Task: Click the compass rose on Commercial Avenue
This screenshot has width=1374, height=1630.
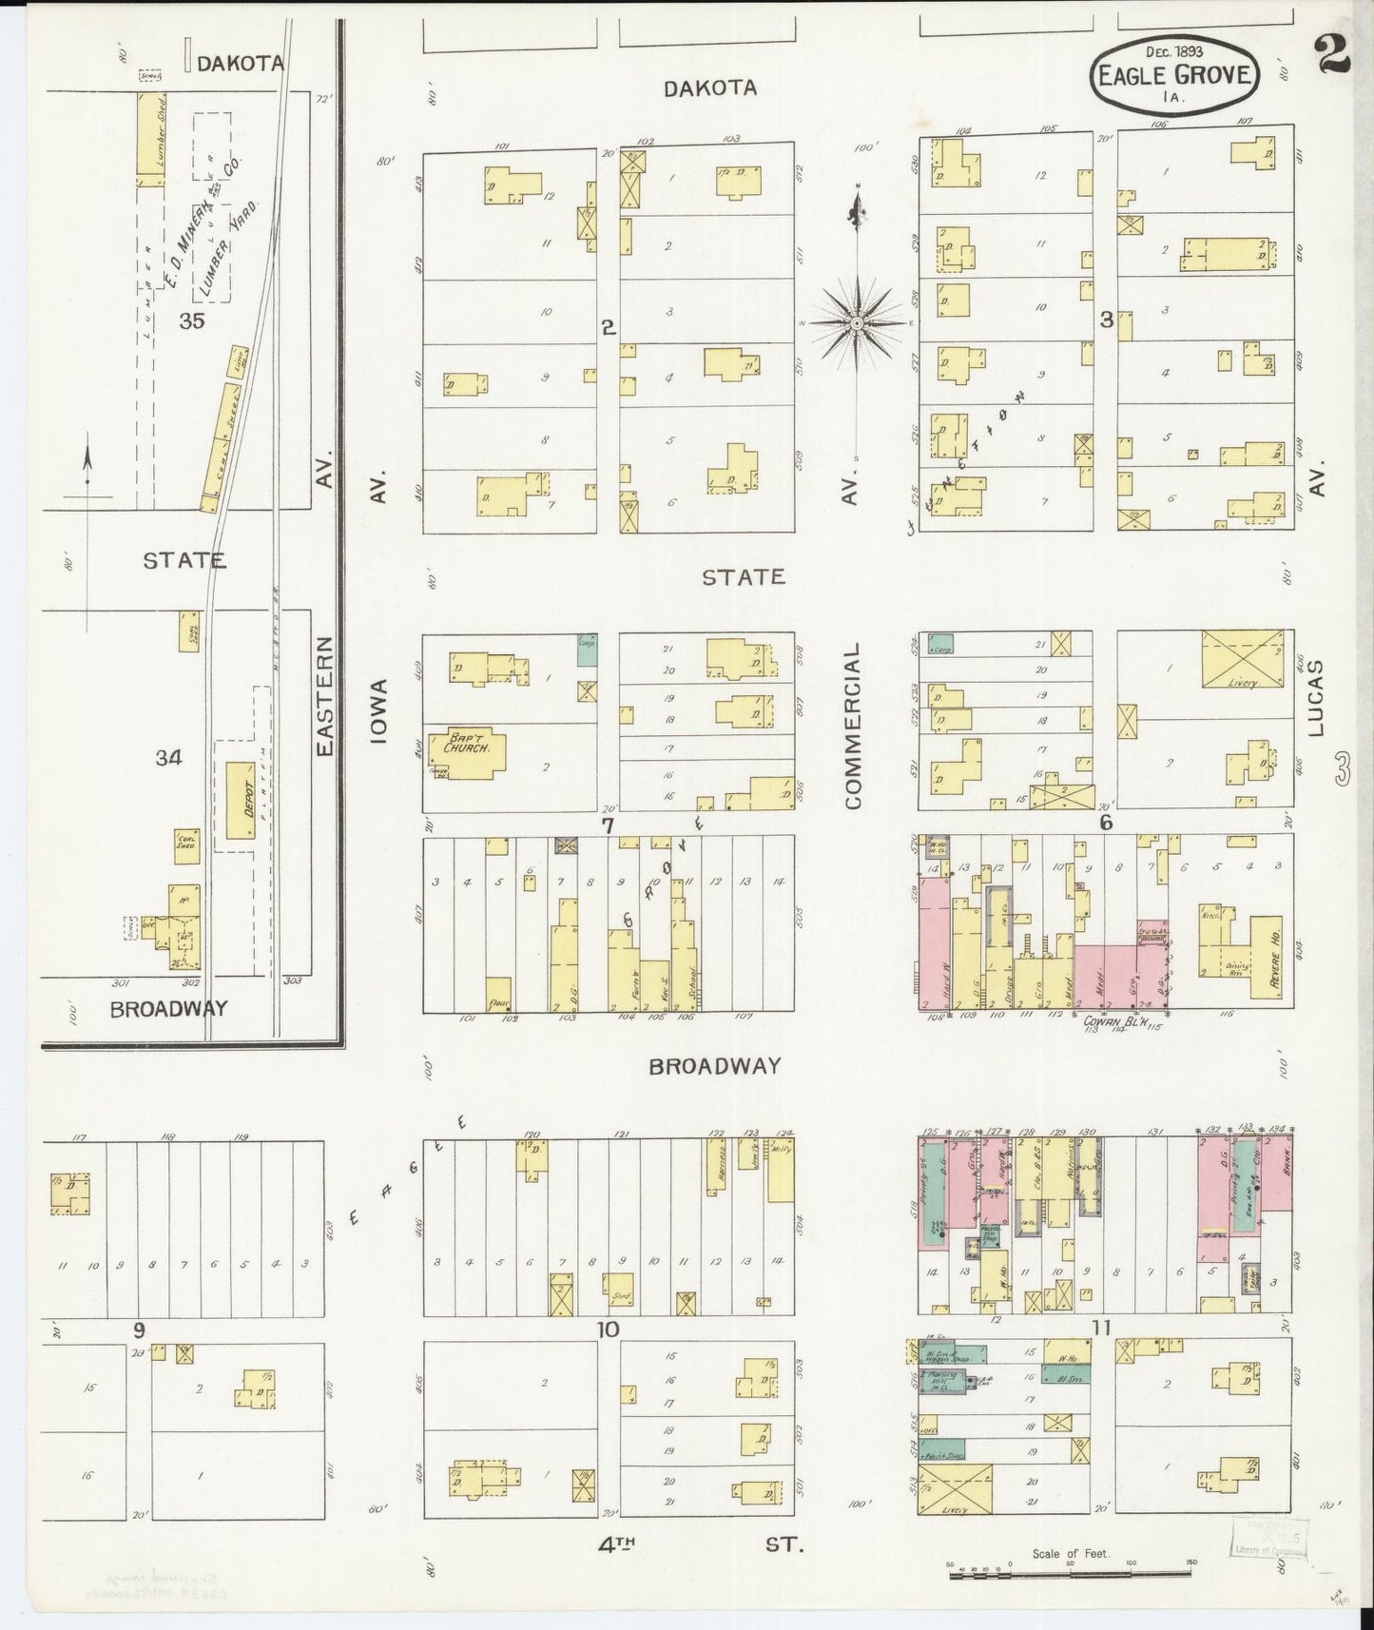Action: tap(857, 323)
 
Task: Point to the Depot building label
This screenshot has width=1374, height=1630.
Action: tap(238, 799)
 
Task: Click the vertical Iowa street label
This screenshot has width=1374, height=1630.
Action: tap(380, 710)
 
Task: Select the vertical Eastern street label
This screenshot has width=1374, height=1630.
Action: tap(325, 696)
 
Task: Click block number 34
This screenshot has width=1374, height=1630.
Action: tap(168, 758)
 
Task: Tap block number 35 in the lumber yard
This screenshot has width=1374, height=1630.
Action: tap(191, 320)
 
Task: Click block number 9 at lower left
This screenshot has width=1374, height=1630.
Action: tap(139, 1329)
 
